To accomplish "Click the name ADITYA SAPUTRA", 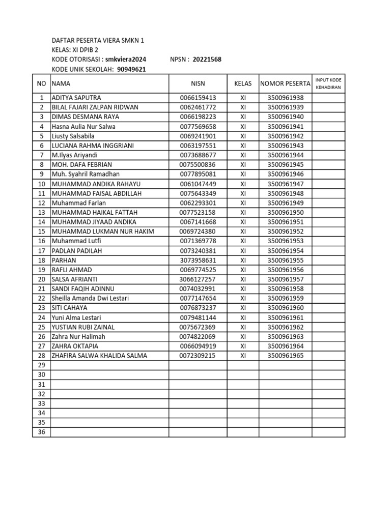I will click(x=76, y=98).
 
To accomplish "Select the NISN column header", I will click(x=198, y=83).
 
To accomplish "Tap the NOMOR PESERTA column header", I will click(x=285, y=83).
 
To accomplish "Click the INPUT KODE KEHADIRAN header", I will click(x=328, y=83).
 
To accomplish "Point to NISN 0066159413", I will click(x=198, y=98).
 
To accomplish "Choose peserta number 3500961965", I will click(x=285, y=356).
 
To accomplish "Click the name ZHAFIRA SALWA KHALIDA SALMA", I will click(x=99, y=356).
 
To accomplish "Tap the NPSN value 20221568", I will click(x=207, y=60).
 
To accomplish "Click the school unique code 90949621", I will click(x=131, y=69).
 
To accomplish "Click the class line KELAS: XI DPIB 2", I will click(x=75, y=50).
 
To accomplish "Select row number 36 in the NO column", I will click(x=42, y=432).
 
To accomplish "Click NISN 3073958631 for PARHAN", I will click(x=198, y=260).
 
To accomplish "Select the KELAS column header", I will click(x=243, y=83).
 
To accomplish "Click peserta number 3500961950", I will click(x=285, y=212).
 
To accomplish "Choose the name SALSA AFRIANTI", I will click(x=74, y=279).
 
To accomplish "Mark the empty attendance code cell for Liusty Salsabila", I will click(x=328, y=136).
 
